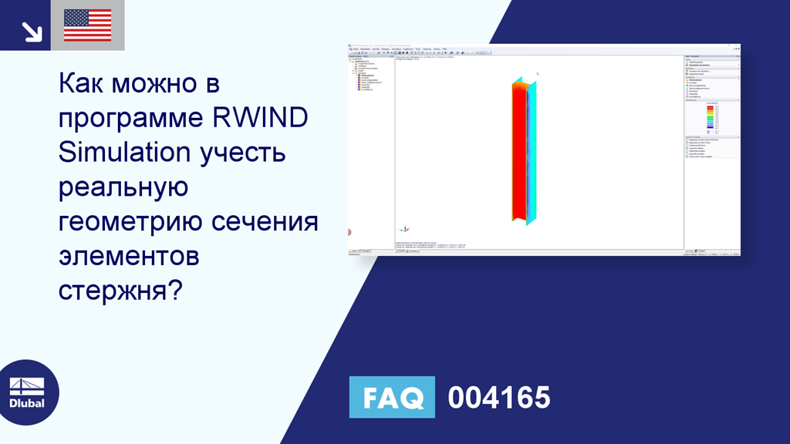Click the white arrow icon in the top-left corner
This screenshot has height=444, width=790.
coord(32,31)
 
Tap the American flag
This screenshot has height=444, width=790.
coord(87,25)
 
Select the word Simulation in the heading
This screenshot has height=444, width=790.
coord(124,153)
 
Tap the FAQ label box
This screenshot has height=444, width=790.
coord(392,398)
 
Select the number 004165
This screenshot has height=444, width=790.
coord(499,398)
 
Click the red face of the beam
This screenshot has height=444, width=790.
coord(518,150)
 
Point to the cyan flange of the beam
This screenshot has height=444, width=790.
coord(529,150)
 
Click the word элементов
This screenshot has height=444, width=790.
coord(129,257)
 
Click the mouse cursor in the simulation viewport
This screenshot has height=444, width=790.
coord(538,74)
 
